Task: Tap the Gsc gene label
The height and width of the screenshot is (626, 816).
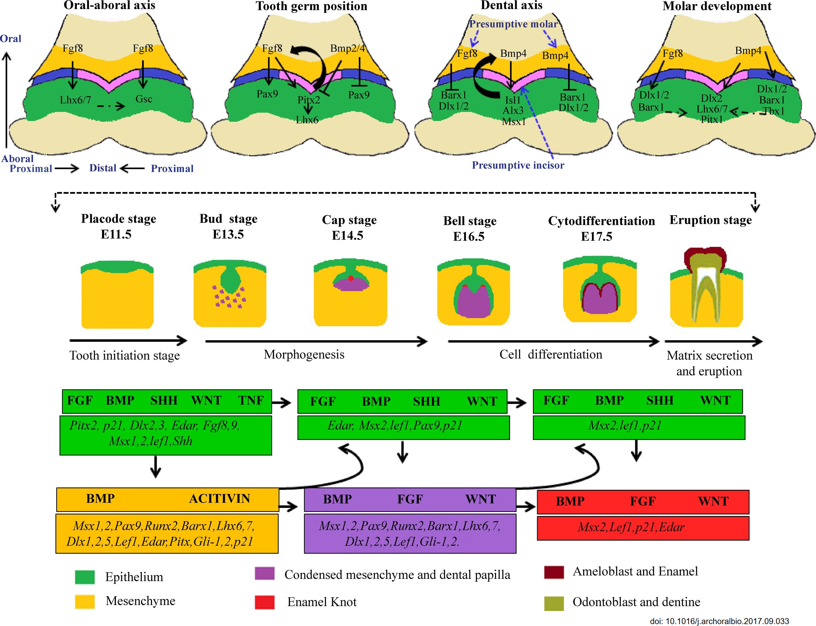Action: pyautogui.click(x=144, y=99)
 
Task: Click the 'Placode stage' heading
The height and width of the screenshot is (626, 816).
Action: pyautogui.click(x=118, y=219)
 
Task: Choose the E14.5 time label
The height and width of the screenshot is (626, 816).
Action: pyautogui.click(x=347, y=235)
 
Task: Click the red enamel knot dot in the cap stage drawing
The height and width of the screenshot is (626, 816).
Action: pyautogui.click(x=351, y=278)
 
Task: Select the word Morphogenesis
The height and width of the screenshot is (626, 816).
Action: pyautogui.click(x=304, y=354)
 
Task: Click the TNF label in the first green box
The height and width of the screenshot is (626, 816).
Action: pyautogui.click(x=251, y=401)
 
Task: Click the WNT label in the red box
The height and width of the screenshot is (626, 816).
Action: pyautogui.click(x=713, y=501)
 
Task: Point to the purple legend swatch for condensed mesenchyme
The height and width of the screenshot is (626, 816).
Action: pyautogui.click(x=264, y=573)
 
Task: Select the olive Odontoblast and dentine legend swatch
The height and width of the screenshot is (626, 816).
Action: pyautogui.click(x=554, y=603)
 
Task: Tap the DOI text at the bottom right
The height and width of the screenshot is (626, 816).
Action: pyautogui.click(x=719, y=621)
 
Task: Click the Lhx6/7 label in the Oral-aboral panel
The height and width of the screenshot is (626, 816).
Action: pyautogui.click(x=75, y=100)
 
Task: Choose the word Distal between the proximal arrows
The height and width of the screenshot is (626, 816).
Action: pyautogui.click(x=103, y=168)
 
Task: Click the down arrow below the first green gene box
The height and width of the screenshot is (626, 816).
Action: pyautogui.click(x=155, y=467)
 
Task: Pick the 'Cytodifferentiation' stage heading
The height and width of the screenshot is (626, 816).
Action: pyautogui.click(x=601, y=221)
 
